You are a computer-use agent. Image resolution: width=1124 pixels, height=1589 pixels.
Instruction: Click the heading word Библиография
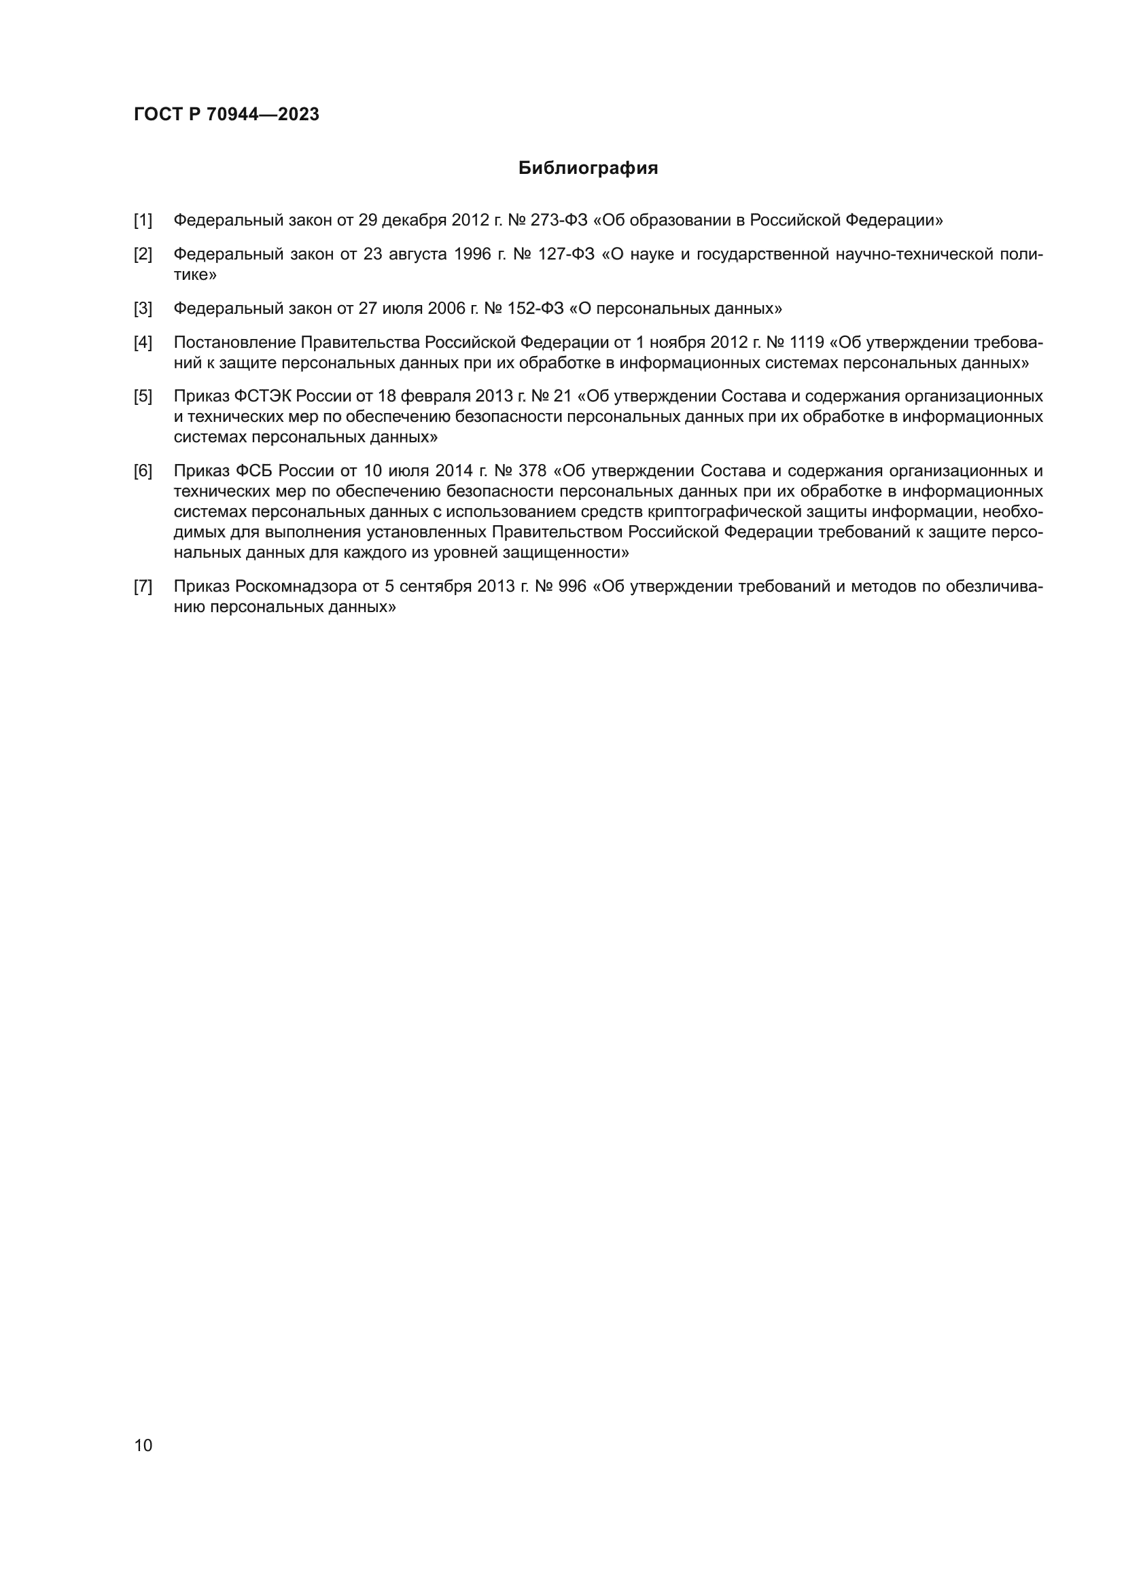[588, 168]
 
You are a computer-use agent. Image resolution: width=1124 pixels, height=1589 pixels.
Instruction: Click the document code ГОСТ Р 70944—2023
[226, 114]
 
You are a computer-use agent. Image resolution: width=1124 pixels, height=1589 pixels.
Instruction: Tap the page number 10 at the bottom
[143, 1445]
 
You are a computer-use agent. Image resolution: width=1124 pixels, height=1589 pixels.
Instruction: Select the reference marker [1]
[143, 221]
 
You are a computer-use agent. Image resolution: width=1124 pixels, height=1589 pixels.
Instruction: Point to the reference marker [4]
[143, 342]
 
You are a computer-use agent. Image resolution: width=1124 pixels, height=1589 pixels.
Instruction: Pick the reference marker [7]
[143, 587]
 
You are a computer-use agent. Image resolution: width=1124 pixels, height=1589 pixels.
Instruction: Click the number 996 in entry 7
[572, 587]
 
